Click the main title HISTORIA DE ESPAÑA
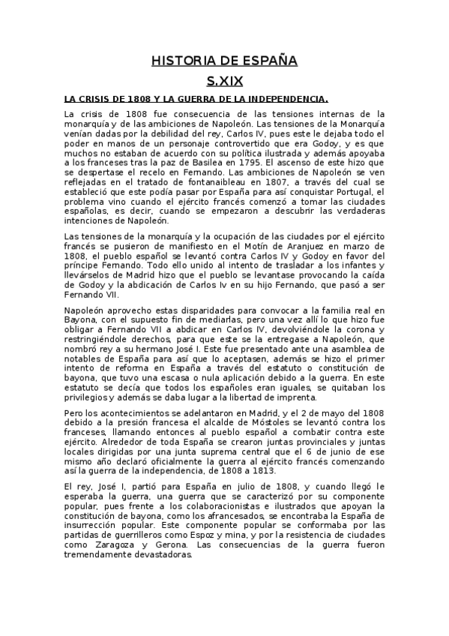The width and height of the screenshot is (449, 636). pyautogui.click(x=225, y=60)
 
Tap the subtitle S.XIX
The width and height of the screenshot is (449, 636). pyautogui.click(x=225, y=80)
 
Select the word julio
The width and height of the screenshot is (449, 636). pyautogui.click(x=244, y=487)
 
